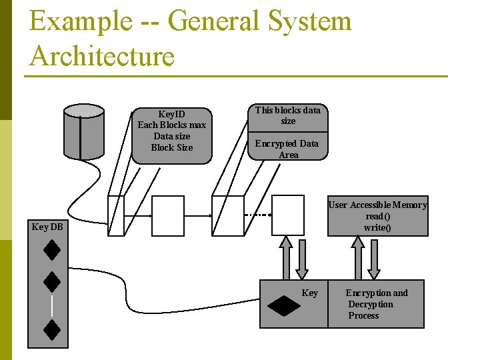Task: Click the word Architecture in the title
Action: pyautogui.click(x=102, y=55)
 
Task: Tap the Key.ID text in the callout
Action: pyautogui.click(x=171, y=114)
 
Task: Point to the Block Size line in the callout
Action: pyautogui.click(x=171, y=147)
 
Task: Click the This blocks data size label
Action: pyautogui.click(x=288, y=115)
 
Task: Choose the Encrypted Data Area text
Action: pyautogui.click(x=288, y=149)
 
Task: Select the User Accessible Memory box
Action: pyautogui.click(x=377, y=217)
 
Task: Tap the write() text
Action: pyautogui.click(x=377, y=228)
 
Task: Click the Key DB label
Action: pyautogui.click(x=47, y=227)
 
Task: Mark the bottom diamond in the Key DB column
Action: pyautogui.click(x=52, y=329)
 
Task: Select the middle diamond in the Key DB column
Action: pyautogui.click(x=52, y=281)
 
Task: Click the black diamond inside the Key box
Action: pyautogui.click(x=283, y=305)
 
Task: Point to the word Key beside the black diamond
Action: pyautogui.click(x=310, y=293)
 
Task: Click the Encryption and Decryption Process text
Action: pyautogui.click(x=376, y=304)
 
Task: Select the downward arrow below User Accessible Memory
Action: pyautogui.click(x=374, y=259)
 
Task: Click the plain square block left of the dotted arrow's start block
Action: pyautogui.click(x=168, y=215)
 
